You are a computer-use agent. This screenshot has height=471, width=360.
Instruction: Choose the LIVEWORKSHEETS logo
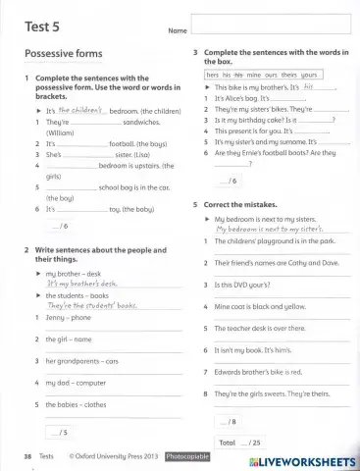[x=303, y=459]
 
